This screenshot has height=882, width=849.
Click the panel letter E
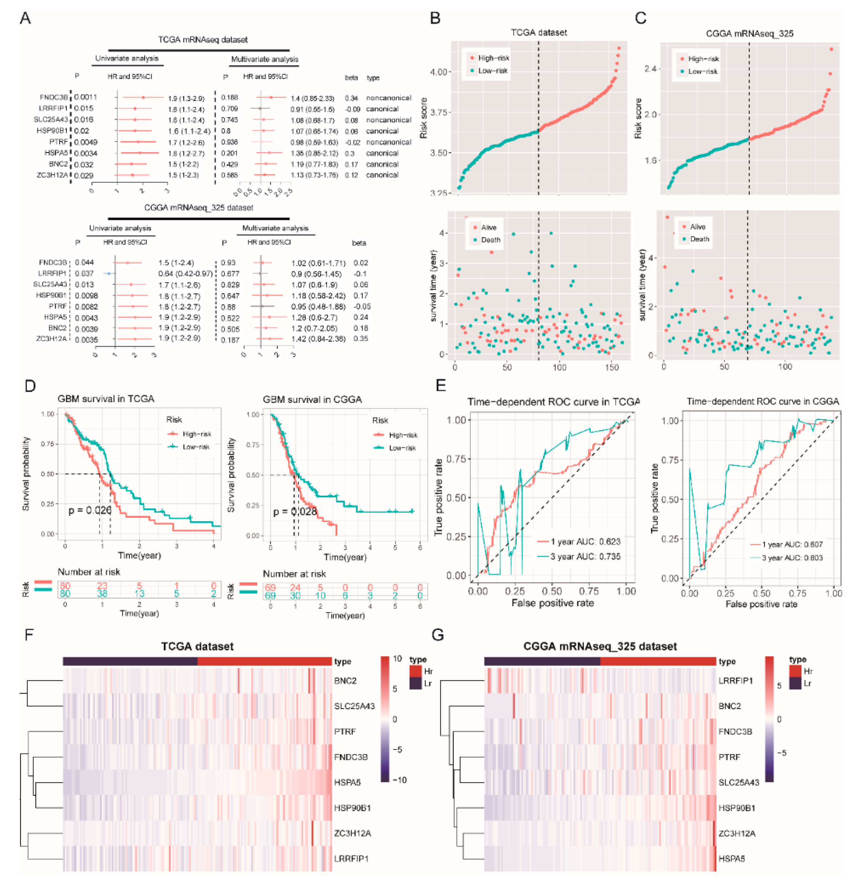click(x=441, y=386)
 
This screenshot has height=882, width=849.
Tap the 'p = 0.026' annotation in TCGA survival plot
click(x=90, y=510)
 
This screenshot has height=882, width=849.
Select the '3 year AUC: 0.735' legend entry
click(x=585, y=557)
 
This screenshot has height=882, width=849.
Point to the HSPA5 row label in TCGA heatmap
click(x=347, y=782)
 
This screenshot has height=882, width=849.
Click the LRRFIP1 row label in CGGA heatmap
click(x=735, y=681)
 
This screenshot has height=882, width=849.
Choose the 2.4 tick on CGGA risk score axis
click(x=651, y=69)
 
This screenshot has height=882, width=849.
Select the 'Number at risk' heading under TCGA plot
click(x=89, y=572)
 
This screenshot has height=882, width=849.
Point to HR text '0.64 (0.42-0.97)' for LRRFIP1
click(x=185, y=274)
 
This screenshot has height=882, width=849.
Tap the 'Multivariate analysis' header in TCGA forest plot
click(x=264, y=59)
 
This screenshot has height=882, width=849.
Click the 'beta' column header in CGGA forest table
click(x=359, y=243)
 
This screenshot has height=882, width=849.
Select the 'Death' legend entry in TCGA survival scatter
click(x=490, y=240)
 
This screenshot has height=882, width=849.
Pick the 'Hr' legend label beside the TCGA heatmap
click(x=428, y=671)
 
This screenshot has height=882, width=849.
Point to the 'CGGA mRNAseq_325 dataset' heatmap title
click(x=600, y=647)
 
